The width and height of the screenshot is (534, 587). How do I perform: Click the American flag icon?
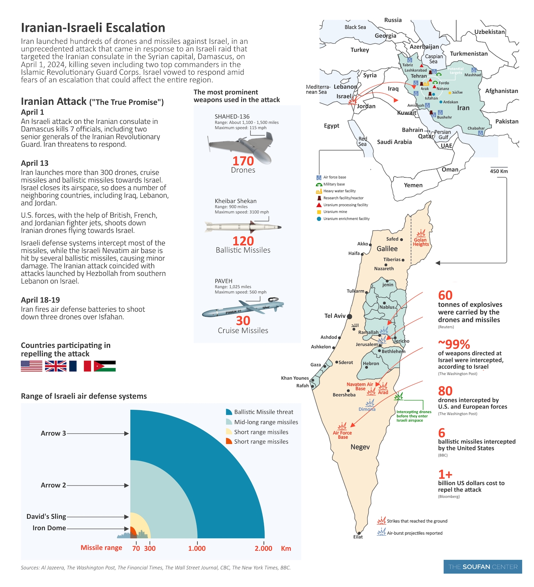coord(31,366)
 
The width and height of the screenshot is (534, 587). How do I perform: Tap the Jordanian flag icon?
coord(105,366)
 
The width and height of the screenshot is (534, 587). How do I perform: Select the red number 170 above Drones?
coord(243,161)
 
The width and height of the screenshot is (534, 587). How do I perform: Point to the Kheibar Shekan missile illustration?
coord(243,227)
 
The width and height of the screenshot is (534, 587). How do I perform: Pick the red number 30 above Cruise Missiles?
coord(243,321)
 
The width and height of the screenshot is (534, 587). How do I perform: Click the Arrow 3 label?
coord(53,433)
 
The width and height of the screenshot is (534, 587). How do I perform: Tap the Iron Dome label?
coord(49,528)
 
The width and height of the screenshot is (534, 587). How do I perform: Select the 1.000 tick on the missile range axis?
coord(197,548)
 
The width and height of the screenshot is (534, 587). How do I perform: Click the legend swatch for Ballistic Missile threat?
coord(229,412)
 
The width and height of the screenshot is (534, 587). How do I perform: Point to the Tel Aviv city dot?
coord(350,316)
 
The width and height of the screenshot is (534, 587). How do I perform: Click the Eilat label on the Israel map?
coord(358,537)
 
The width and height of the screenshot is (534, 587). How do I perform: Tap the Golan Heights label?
coord(421,242)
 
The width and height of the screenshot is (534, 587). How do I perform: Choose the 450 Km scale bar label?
coord(499,171)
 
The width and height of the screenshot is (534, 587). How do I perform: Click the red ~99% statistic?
coord(454,344)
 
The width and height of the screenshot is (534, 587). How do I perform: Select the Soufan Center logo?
coord(482,567)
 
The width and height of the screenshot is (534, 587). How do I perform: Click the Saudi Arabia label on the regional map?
coord(394,142)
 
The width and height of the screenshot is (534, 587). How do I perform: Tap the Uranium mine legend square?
coord(319,212)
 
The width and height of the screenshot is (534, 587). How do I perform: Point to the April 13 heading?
coord(35,163)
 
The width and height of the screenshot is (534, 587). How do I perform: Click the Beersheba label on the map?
coord(344,395)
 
